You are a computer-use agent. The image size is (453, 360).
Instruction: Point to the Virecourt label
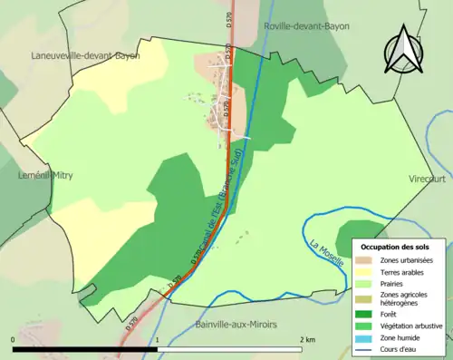click(429, 179)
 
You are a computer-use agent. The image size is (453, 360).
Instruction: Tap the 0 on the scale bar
click(14, 340)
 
